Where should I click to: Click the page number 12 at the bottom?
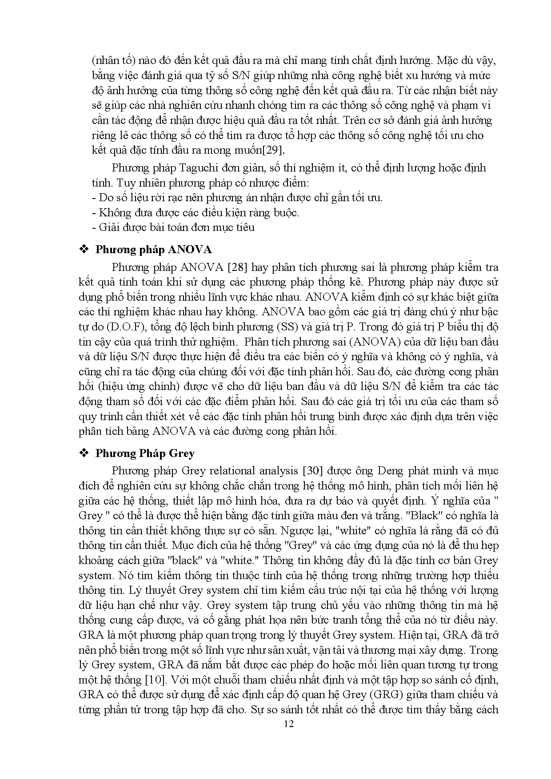pyautogui.click(x=289, y=724)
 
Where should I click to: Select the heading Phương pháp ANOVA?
pyautogui.click(x=153, y=249)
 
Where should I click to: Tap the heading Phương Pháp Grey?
pyautogui.click(x=145, y=453)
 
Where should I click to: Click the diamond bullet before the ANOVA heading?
pyautogui.click(x=83, y=249)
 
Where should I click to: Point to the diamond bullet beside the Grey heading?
pyautogui.click(x=83, y=453)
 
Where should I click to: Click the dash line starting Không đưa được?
pyautogui.click(x=196, y=212)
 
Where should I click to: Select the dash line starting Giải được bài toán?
pyautogui.click(x=173, y=227)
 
